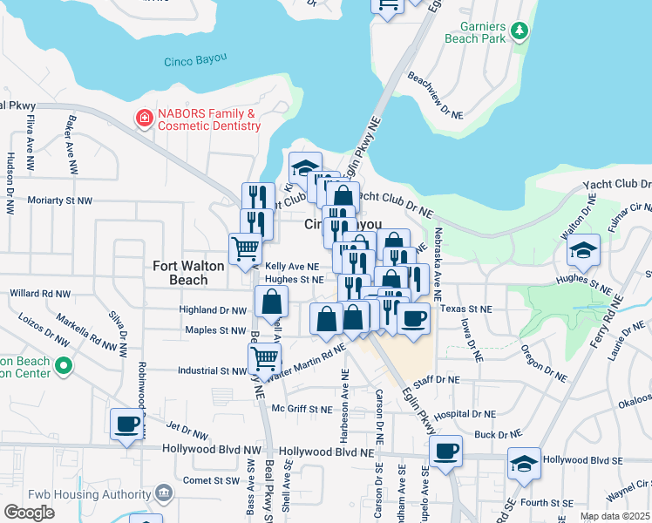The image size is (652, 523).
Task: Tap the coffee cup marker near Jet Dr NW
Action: tap(127, 425)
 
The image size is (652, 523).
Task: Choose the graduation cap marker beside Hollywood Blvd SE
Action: tap(524, 463)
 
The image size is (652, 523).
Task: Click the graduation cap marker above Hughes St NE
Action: tap(583, 250)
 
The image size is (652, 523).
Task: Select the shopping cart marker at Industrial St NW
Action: tap(265, 357)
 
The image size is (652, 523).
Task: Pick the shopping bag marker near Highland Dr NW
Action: tap(272, 302)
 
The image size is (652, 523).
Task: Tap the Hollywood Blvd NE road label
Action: tap(332, 453)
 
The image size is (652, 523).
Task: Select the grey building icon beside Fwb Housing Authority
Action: tap(162, 495)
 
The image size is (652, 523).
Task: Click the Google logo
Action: tap(30, 512)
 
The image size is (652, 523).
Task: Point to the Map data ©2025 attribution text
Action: tap(615, 516)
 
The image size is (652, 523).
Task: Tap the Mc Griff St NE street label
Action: tap(302, 409)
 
